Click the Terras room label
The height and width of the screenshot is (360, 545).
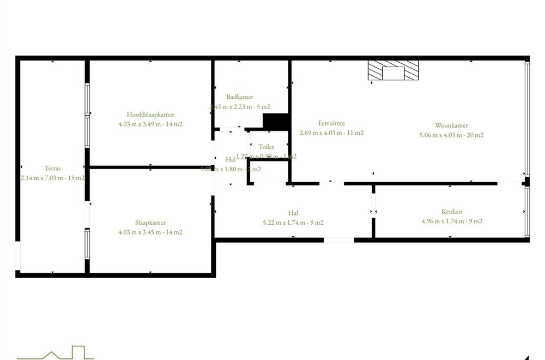(52, 169)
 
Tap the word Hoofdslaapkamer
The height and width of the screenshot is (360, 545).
(150, 115)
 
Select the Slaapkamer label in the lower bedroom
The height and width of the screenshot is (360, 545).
(150, 223)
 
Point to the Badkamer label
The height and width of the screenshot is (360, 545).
(240, 97)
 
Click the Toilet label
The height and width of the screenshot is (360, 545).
(266, 147)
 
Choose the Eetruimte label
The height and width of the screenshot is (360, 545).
(332, 123)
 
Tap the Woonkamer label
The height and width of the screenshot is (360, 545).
(452, 125)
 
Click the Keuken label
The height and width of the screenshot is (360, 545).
(452, 212)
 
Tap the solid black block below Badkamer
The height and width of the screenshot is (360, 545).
(275, 121)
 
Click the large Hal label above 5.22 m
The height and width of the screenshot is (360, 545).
(294, 213)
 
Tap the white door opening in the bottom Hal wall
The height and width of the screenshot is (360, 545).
(338, 239)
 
